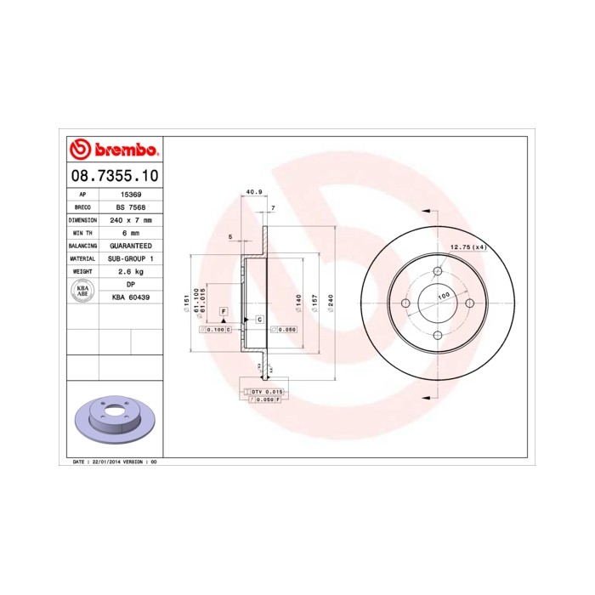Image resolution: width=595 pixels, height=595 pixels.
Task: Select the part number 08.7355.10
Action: point(113,176)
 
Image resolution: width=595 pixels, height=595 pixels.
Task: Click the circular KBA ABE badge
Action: point(83,290)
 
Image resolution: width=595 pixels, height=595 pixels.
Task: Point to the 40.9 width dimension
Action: point(253,192)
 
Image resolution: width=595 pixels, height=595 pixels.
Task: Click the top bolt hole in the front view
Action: point(437,271)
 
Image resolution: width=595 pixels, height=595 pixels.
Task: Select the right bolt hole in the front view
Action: point(469,303)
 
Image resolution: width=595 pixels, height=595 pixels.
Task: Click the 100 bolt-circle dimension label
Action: point(443,297)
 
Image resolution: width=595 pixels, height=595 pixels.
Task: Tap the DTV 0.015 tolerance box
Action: point(271,391)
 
